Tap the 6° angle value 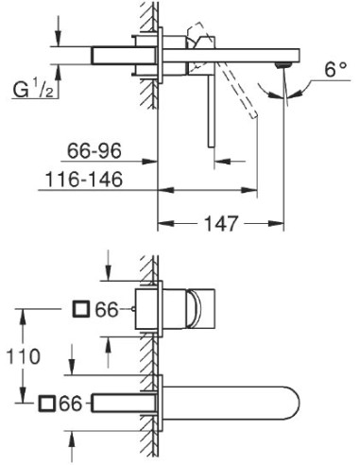pyautogui.click(x=334, y=69)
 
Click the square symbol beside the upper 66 pyautogui.click(x=80, y=308)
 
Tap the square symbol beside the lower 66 pyautogui.click(x=47, y=404)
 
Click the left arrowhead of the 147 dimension pyautogui.click(x=163, y=225)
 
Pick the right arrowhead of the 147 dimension pyautogui.click(x=281, y=225)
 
